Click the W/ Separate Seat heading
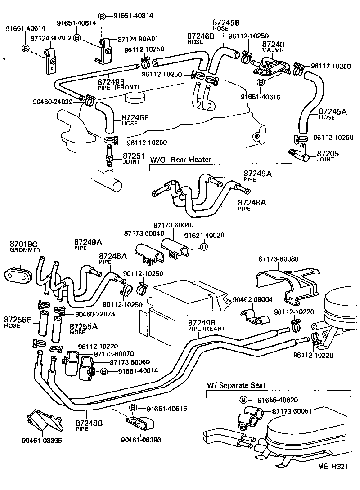pyautogui.click(x=236, y=385)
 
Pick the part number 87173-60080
pyautogui.click(x=279, y=259)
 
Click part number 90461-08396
pyautogui.click(x=141, y=440)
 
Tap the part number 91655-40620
pyautogui.click(x=278, y=400)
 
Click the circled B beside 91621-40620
pyautogui.click(x=204, y=247)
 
